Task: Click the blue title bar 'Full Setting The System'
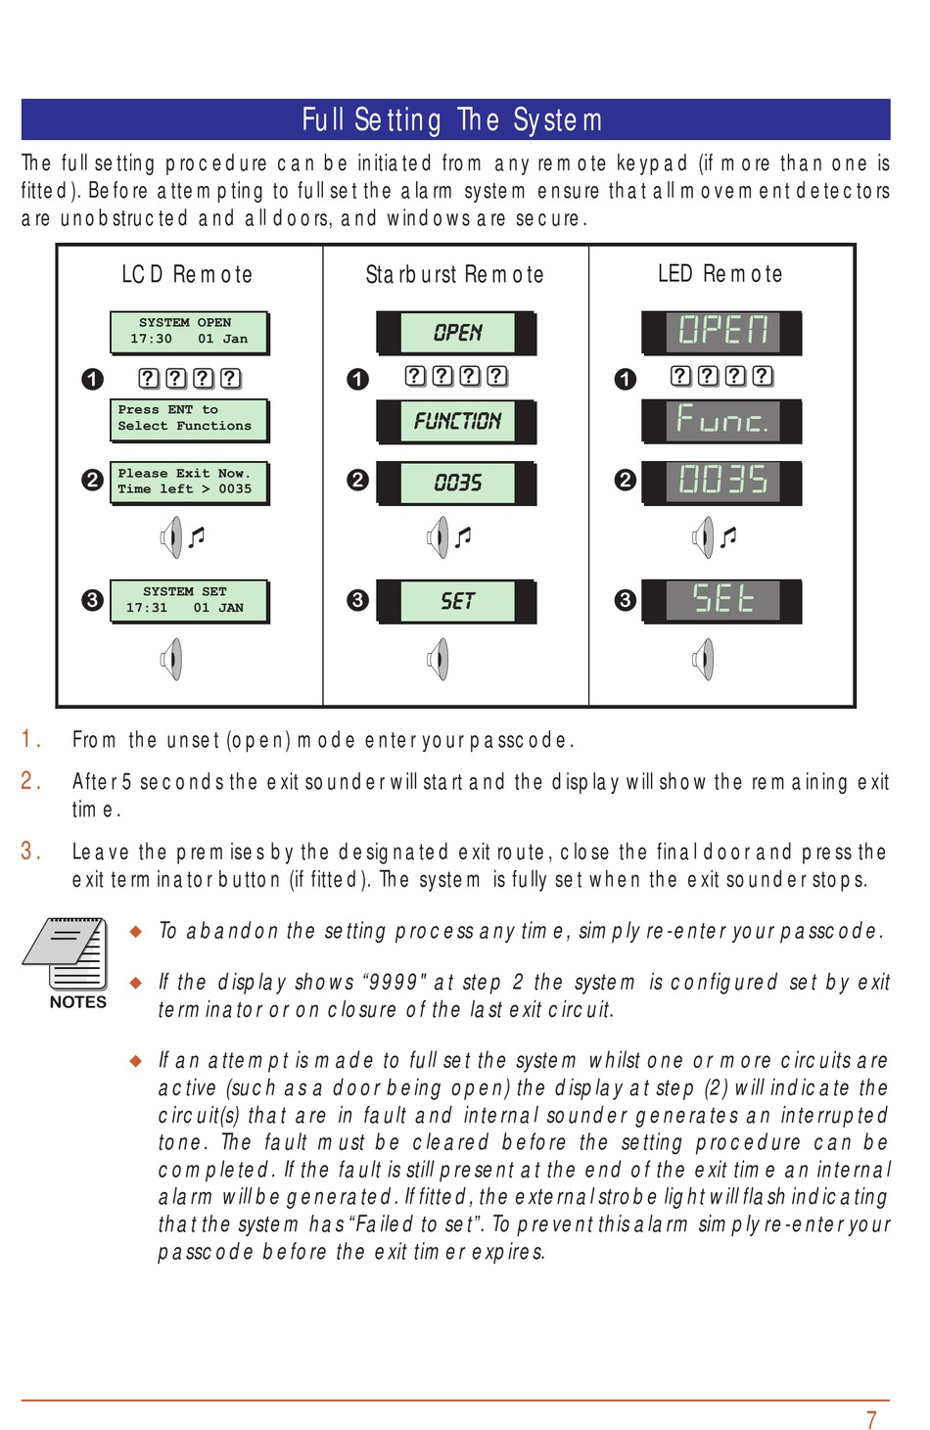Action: click(455, 119)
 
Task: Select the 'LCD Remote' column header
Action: click(187, 274)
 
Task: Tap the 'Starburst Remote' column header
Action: click(454, 274)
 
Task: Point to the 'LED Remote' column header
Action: click(720, 274)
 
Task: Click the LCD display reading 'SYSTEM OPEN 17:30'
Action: click(189, 332)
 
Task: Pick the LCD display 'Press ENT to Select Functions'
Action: click(189, 419)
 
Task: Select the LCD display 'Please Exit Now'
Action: click(189, 482)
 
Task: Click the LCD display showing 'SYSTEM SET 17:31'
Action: click(189, 600)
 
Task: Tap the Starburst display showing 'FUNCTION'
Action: click(456, 421)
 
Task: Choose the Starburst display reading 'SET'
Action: click(456, 600)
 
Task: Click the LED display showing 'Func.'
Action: click(721, 421)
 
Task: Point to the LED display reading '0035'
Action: click(721, 481)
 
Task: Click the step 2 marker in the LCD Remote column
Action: click(92, 481)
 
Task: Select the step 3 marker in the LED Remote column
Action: click(625, 600)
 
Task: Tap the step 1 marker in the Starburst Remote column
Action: click(357, 379)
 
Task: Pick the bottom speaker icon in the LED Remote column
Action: click(703, 659)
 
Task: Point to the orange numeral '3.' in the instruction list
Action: click(31, 852)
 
